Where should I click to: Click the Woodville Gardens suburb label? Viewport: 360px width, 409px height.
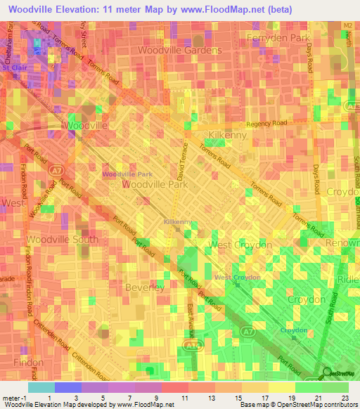180,51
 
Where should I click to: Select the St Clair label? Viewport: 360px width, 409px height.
15,68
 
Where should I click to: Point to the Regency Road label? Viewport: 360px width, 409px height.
267,123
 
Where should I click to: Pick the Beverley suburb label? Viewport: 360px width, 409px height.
144,287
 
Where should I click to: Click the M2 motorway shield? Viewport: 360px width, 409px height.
347,25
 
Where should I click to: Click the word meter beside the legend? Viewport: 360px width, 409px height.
11,398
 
